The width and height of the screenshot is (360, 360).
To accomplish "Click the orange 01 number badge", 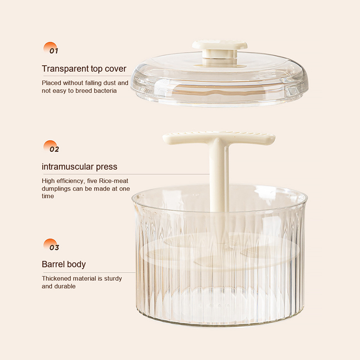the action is (x=51, y=48).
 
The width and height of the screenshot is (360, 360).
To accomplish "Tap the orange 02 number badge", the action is (x=51, y=147).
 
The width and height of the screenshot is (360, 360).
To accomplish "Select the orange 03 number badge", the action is (x=51, y=245).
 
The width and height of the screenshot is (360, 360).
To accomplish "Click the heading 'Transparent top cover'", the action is (x=84, y=69).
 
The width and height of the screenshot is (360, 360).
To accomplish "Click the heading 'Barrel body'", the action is (x=63, y=265).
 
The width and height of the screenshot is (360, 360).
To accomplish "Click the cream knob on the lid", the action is (x=220, y=52).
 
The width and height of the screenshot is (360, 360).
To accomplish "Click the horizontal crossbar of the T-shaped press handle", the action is (x=219, y=138).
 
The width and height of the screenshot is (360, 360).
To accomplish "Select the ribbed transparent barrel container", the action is (x=220, y=255).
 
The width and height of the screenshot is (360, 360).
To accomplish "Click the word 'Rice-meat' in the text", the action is (x=113, y=181).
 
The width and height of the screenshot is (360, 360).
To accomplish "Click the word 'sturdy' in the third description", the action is (x=113, y=279).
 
